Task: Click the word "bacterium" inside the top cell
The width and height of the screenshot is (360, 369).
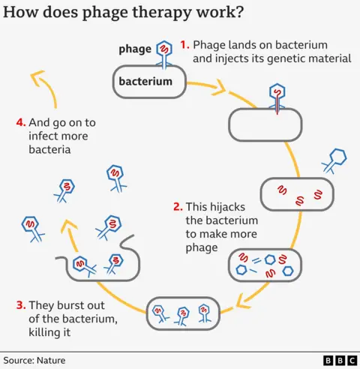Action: tap(149, 81)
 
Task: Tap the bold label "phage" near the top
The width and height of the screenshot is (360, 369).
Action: tap(134, 49)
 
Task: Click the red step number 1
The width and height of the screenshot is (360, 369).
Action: tap(184, 44)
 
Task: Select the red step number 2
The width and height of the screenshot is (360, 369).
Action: tap(177, 206)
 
